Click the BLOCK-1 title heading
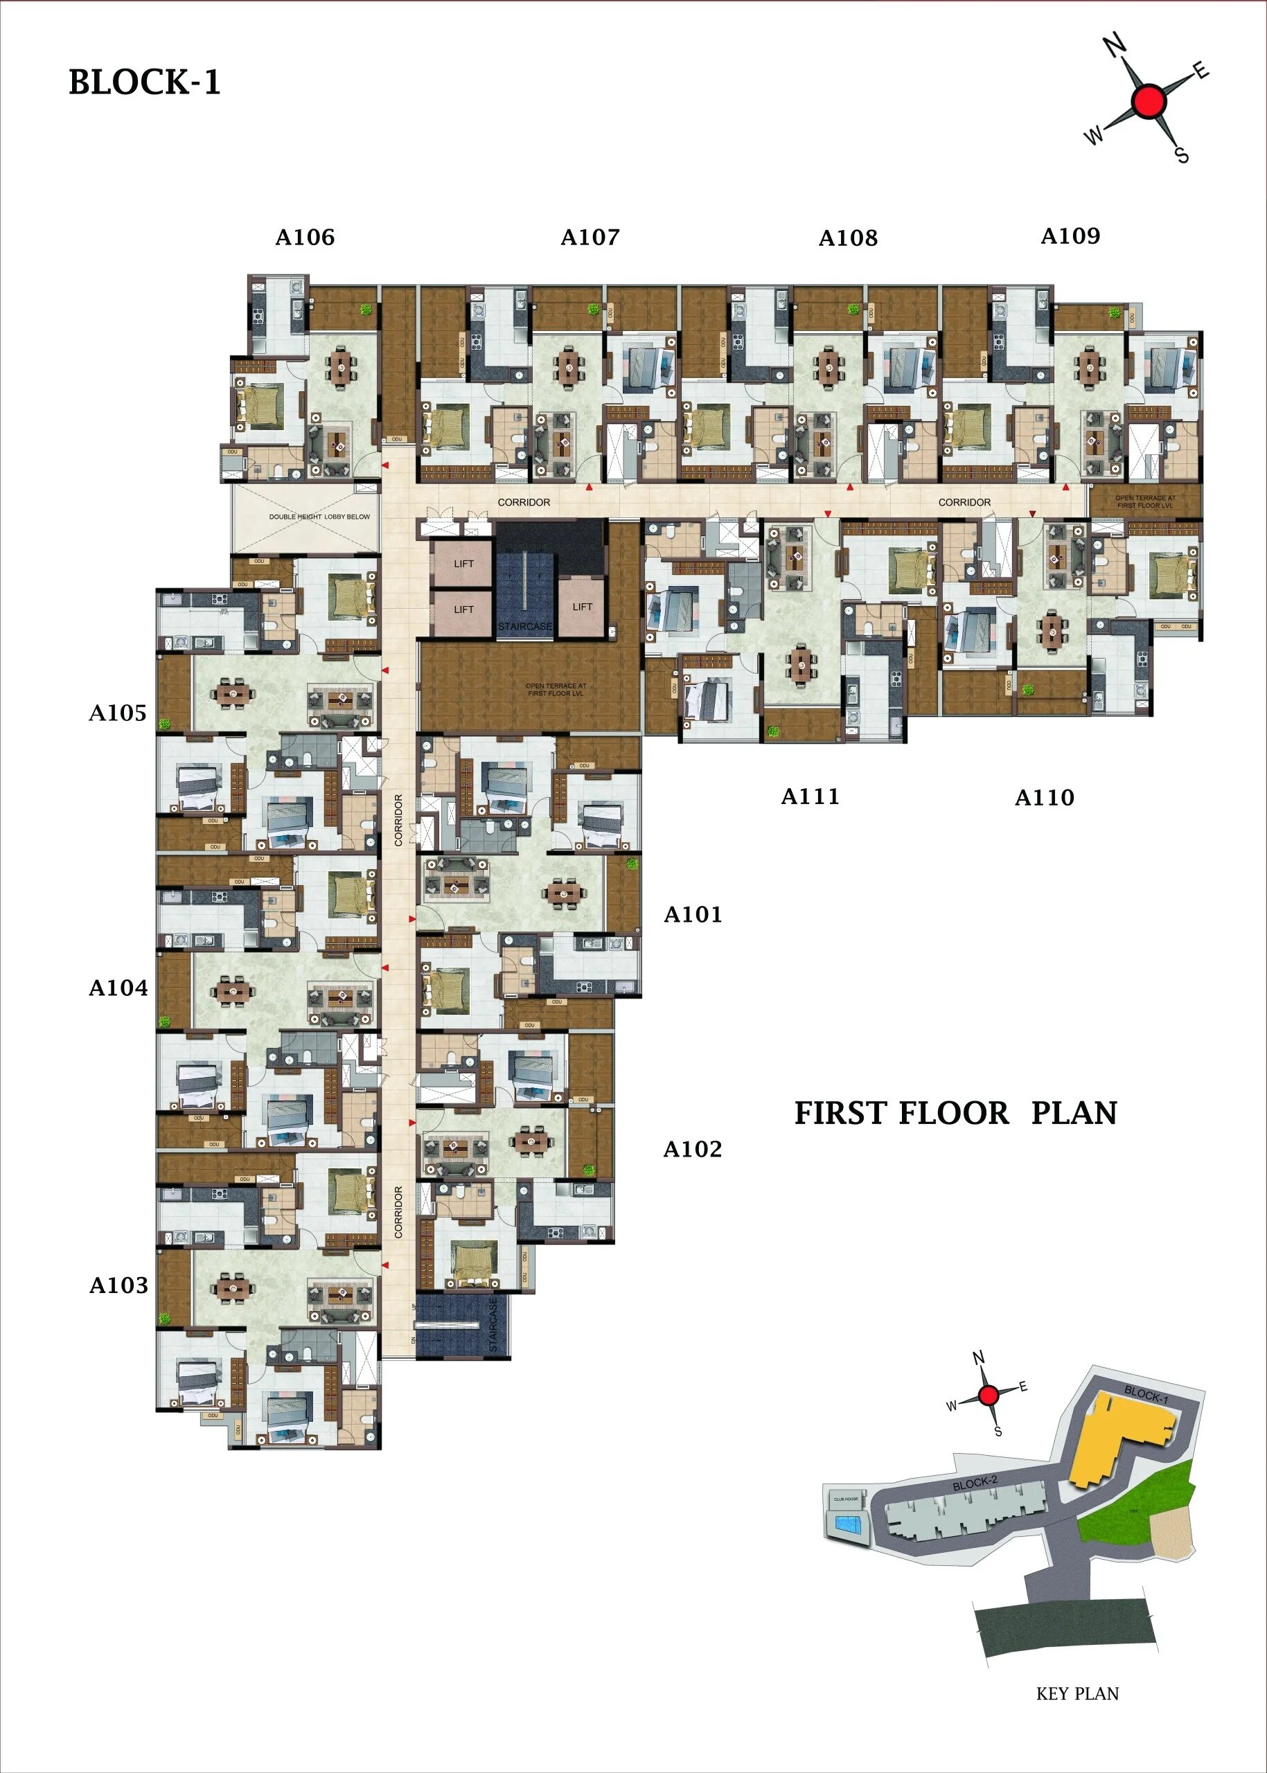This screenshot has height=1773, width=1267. pos(144,82)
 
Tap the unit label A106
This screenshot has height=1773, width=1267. pos(304,237)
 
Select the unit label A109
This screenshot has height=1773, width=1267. pos(1070,235)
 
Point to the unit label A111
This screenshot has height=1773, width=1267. pos(810,796)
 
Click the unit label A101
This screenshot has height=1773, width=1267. pos(692,914)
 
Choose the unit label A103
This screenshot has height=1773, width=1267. pos(118,1285)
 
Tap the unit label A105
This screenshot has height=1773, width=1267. pos(117,712)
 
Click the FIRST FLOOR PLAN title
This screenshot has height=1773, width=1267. pos(955,1113)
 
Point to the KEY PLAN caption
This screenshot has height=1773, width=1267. pos(1076,1693)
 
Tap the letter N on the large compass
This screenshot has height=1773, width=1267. pos(1117,48)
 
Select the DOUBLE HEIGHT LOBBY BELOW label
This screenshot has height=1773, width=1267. pos(319,517)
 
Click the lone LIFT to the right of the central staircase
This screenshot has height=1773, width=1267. pos(582,607)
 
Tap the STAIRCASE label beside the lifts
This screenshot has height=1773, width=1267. pos(524,626)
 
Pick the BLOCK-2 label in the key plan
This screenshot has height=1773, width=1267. pos(975,1483)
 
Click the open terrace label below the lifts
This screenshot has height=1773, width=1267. pos(555,690)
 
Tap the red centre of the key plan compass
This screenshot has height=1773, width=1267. pos(988,1396)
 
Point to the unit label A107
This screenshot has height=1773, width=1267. pos(590,237)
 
